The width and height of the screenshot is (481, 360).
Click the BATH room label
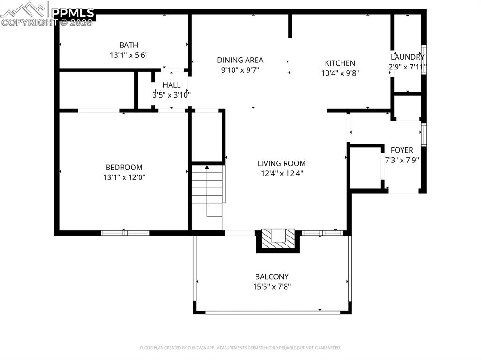coord(129,45)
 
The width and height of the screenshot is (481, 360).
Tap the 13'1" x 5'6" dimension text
coord(129,55)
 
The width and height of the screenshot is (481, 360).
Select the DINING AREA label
coord(240,60)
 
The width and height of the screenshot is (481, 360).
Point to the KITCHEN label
coord(340,63)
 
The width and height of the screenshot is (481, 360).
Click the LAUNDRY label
coord(407,57)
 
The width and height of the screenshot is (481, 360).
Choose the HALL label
coord(171,85)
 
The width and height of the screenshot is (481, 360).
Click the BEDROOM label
coord(124,168)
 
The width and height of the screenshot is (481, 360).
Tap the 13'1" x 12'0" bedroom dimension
coord(124,177)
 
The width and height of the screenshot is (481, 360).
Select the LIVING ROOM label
coord(281,163)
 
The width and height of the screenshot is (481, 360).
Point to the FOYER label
coord(402,150)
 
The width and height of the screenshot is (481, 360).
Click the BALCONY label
coord(272,277)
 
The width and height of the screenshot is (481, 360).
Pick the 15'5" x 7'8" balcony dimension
coord(272,287)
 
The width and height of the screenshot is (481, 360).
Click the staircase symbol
coord(207,190)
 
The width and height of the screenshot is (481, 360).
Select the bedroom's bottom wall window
coord(125,233)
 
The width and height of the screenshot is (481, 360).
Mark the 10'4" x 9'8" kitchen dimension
coord(340,73)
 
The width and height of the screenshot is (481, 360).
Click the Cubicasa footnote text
coord(240,348)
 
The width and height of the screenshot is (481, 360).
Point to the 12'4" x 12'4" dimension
coord(281,173)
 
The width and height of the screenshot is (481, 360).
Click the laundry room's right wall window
coord(424,59)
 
